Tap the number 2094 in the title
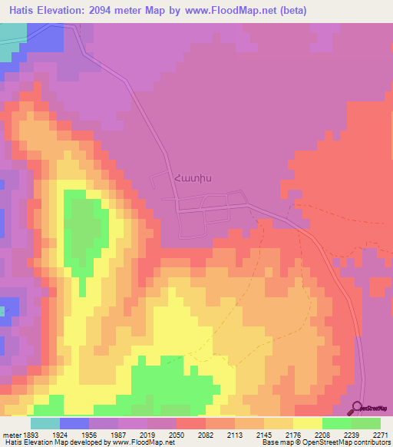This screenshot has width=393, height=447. click(x=104, y=10)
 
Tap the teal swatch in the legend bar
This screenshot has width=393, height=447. click(x=45, y=422)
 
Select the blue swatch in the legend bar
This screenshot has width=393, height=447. click(x=74, y=422)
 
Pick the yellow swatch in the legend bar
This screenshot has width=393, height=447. click(x=308, y=422)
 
